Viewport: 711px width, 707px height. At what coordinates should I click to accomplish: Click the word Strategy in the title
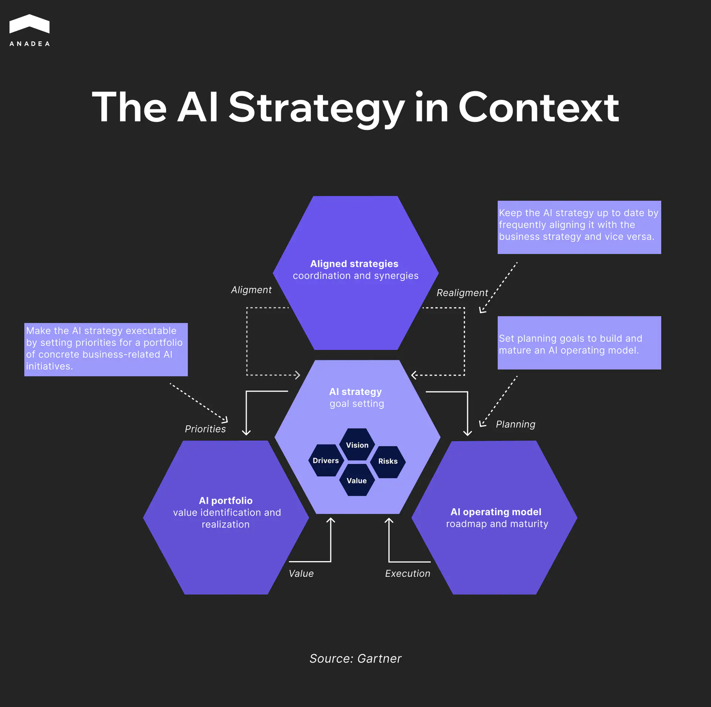316,108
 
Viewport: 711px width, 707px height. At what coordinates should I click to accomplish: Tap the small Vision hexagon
357,445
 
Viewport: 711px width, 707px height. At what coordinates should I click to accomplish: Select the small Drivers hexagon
326,460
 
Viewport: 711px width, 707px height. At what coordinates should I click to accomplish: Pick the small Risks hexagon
388,461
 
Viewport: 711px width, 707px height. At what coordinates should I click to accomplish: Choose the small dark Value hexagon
357,480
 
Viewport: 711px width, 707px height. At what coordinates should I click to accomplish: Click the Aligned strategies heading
354,264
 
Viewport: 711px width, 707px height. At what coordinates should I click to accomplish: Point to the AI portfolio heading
226,500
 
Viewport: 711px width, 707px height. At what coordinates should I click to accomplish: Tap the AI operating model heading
495,512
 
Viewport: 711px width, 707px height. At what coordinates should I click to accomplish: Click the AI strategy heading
355,392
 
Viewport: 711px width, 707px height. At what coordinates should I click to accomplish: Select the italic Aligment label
251,290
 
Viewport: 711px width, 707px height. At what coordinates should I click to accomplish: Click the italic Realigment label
462,293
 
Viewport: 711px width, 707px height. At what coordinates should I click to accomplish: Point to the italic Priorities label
205,429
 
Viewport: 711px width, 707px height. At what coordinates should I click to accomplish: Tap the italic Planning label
515,424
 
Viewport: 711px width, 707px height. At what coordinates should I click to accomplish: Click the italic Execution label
407,573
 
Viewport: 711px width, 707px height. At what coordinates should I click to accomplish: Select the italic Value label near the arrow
301,573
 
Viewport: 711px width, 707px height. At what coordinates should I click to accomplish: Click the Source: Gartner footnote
355,659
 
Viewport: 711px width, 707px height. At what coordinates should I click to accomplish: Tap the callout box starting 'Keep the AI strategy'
579,227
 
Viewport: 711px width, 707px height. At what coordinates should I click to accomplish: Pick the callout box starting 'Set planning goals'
579,343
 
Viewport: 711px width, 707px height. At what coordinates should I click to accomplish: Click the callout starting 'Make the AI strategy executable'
106,349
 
